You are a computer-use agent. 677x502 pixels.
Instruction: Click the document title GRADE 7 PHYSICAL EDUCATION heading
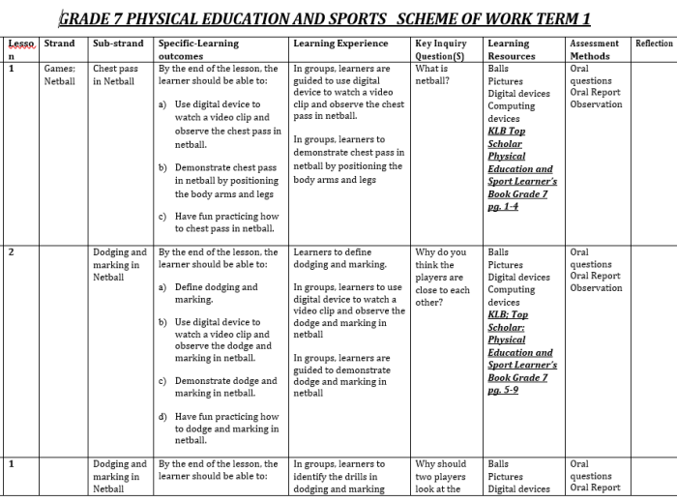[324, 18]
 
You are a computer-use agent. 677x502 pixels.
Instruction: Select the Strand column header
[59, 44]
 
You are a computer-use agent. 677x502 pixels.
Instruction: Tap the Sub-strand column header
[118, 44]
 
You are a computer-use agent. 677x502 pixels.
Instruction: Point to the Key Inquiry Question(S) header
[440, 49]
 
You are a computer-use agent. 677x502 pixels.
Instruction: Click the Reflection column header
[654, 44]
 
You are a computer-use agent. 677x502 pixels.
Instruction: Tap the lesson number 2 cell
[12, 252]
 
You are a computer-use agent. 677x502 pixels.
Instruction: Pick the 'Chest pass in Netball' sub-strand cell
[116, 75]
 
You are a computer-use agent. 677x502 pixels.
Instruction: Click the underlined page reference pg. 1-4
[503, 206]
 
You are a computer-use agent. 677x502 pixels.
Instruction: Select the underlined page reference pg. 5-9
[503, 390]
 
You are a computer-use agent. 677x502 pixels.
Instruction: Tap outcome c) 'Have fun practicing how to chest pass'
[225, 222]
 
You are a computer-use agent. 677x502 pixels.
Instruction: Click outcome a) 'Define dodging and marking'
[215, 293]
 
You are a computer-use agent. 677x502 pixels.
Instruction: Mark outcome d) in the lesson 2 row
[225, 428]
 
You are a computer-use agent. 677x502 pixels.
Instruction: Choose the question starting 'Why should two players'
[441, 476]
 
